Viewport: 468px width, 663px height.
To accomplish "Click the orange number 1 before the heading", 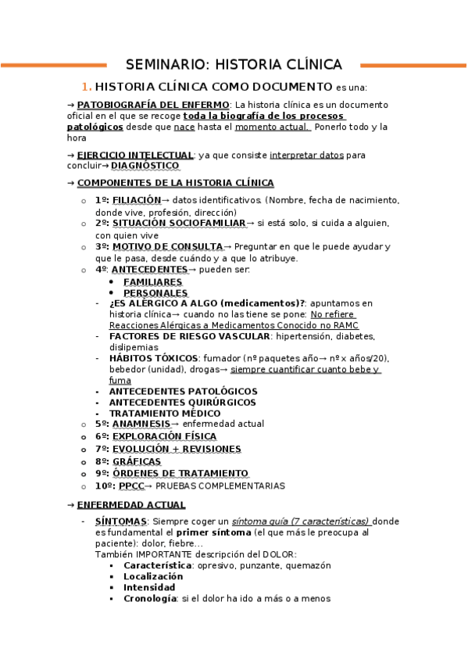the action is (x=87, y=87).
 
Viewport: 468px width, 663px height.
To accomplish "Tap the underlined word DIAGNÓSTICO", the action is (x=145, y=166).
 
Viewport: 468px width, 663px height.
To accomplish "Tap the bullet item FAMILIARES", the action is (x=152, y=281).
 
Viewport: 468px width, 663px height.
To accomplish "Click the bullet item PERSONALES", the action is (x=155, y=292).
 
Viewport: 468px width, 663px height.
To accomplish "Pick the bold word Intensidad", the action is (x=149, y=587).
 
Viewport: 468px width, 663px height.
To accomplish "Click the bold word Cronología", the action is (x=151, y=599).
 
